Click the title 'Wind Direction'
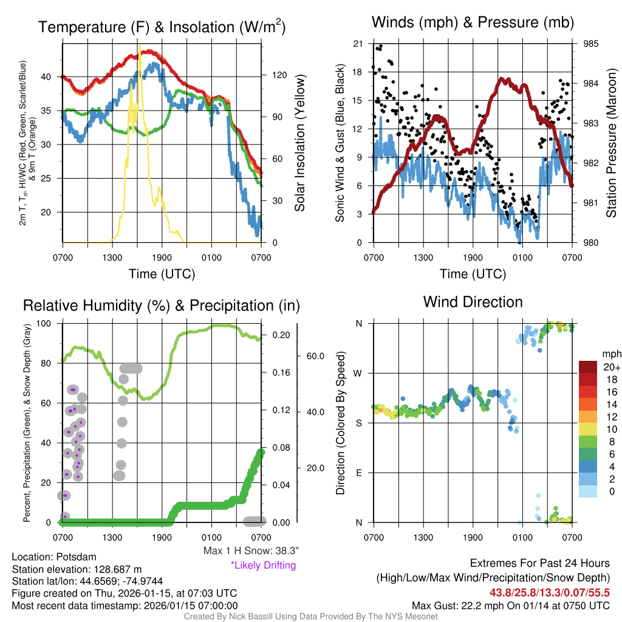coord(473,302)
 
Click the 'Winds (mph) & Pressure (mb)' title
coord(473,23)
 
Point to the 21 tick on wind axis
coord(358,44)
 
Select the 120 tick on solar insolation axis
coord(279,75)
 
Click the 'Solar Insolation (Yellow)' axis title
coord(300,143)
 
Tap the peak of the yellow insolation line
coord(139,46)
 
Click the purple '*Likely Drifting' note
coord(263,565)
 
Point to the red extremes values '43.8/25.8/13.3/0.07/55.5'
coord(549,592)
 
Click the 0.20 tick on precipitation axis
coord(280,335)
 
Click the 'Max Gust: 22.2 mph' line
coord(510,606)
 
